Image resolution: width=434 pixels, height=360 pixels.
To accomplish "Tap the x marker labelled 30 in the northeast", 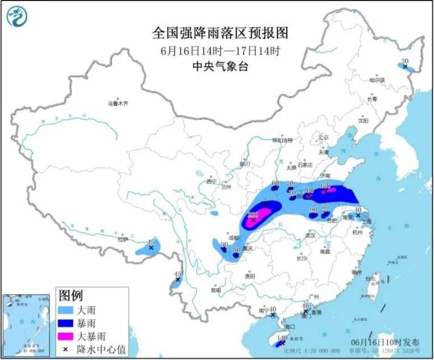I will (405, 67).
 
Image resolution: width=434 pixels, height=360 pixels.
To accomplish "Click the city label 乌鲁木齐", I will (118, 104).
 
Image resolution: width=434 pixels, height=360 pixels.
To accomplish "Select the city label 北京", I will (324, 137).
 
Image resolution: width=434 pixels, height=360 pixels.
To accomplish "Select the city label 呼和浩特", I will (282, 140).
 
